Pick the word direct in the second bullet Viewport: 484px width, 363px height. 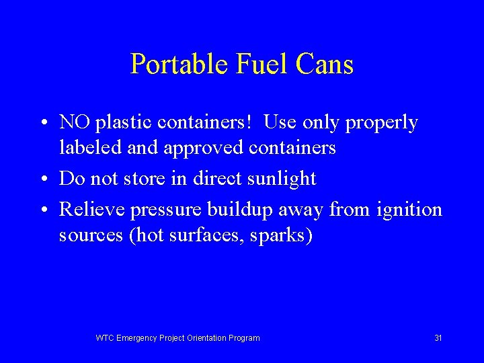tap(213, 178)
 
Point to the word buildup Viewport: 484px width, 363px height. tap(233, 210)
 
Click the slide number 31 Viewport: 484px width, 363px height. tap(438, 338)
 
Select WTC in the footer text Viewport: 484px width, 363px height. tap(105, 338)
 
